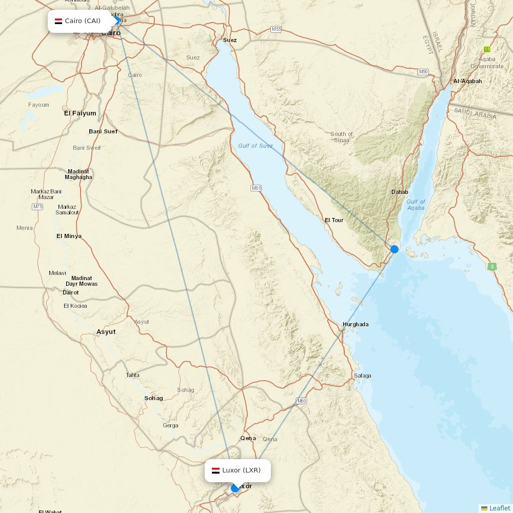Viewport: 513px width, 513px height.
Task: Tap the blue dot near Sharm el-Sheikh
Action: click(x=394, y=249)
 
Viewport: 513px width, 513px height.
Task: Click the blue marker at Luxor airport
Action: click(x=235, y=488)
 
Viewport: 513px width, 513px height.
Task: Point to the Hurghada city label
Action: click(x=356, y=324)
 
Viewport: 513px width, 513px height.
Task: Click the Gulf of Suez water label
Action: click(x=255, y=146)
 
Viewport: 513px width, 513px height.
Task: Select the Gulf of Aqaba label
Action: click(x=416, y=205)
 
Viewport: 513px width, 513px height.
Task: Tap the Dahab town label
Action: click(x=400, y=192)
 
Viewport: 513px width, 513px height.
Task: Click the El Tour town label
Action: click(x=334, y=220)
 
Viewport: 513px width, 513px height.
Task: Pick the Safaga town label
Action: click(x=362, y=376)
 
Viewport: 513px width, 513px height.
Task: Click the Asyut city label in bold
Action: click(x=106, y=332)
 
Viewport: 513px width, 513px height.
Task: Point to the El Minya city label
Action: click(x=69, y=236)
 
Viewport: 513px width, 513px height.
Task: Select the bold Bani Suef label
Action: click(x=103, y=131)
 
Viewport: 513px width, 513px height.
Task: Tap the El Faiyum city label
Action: click(x=80, y=113)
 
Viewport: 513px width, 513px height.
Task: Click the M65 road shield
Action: click(x=256, y=188)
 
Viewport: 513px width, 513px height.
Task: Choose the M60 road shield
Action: click(x=301, y=401)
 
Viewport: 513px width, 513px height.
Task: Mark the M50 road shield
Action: click(x=423, y=72)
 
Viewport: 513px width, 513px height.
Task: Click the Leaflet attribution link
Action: click(x=499, y=508)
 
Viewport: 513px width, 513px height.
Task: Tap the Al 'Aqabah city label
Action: click(x=467, y=81)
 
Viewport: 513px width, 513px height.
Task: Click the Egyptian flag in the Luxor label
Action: click(x=215, y=470)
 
